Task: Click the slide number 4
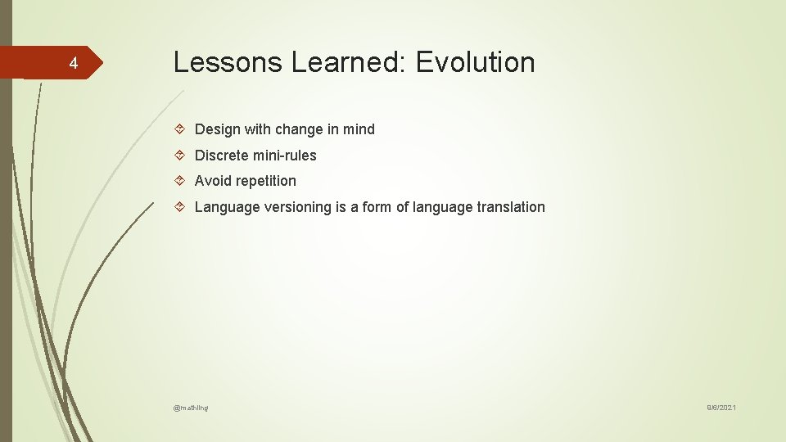pyautogui.click(x=73, y=64)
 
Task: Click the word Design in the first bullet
pyautogui.click(x=216, y=129)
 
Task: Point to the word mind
pyautogui.click(x=358, y=129)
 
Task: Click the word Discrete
pyautogui.click(x=221, y=156)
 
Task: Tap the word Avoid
pyautogui.click(x=212, y=181)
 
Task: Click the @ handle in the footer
pyautogui.click(x=191, y=408)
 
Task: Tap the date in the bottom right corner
pyautogui.click(x=721, y=408)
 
